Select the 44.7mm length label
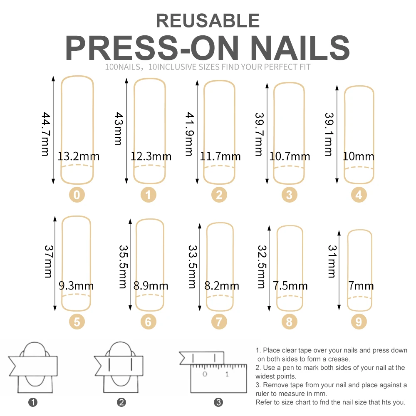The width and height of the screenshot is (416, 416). point(45,134)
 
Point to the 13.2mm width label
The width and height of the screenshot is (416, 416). point(79,157)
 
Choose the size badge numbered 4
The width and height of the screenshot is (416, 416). point(359,194)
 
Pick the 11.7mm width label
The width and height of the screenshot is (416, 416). point(220,157)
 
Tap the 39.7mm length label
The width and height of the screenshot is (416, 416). point(258,134)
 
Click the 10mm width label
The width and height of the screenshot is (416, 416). point(359,157)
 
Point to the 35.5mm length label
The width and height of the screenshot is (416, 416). point(123,267)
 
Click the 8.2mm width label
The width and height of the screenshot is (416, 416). point(222,286)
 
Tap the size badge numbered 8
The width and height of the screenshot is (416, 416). point(289,321)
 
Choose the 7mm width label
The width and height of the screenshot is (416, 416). point(361,286)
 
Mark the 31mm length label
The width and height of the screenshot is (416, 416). point(332,261)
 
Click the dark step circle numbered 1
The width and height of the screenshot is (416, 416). point(33,402)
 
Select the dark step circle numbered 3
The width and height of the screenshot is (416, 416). point(219,402)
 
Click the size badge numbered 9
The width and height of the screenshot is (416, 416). point(359,321)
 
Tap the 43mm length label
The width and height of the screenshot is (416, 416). point(118,129)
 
